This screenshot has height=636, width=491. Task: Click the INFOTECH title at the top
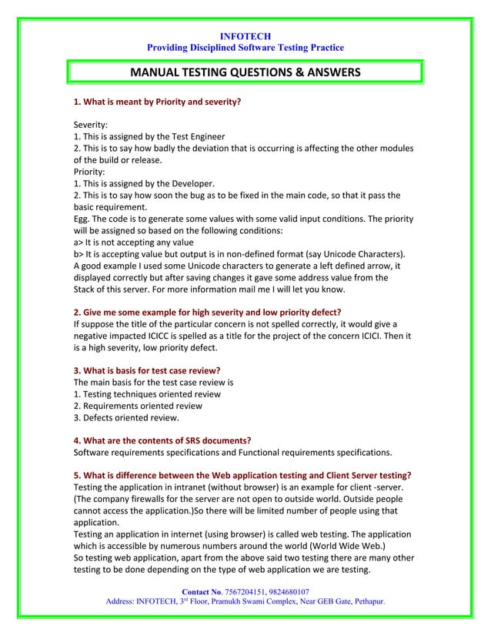click(x=245, y=36)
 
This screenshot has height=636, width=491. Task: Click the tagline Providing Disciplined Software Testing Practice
click(x=245, y=49)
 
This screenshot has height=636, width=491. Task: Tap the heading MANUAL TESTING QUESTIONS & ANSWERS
click(x=245, y=73)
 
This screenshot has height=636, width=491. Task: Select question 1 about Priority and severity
click(x=157, y=102)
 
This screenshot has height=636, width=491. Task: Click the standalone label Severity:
click(x=91, y=125)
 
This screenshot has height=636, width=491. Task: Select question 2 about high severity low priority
click(x=208, y=313)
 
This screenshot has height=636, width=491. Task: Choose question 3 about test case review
click(x=147, y=370)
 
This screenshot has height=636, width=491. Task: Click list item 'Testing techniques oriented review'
click(x=146, y=393)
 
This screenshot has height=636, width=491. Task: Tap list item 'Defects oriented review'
click(x=126, y=417)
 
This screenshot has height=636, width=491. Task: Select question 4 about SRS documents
click(x=162, y=440)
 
